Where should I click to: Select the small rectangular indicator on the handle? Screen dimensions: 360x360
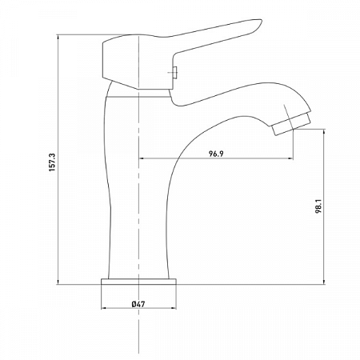173,73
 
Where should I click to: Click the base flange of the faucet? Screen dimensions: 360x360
140,283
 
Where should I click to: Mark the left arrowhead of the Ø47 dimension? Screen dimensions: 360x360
104,310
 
